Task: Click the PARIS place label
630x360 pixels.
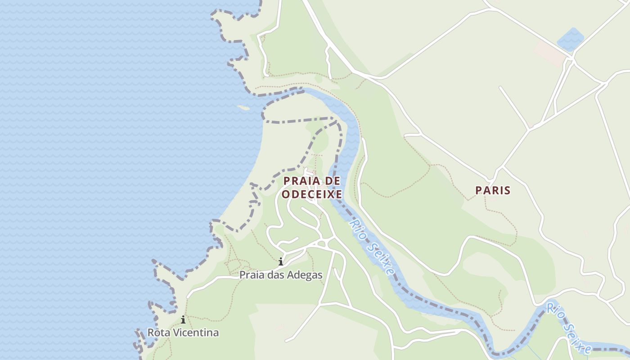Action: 493,190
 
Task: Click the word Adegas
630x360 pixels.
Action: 306,274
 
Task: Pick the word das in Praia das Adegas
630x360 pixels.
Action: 274,274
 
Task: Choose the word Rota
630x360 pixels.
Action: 158,333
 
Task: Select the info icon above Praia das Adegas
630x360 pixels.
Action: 281,261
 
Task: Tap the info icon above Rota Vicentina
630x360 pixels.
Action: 183,320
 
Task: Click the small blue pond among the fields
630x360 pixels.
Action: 570,39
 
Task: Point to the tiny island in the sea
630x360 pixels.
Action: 243,108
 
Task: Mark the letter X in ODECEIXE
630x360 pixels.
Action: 330,194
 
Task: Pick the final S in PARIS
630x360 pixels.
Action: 508,190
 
